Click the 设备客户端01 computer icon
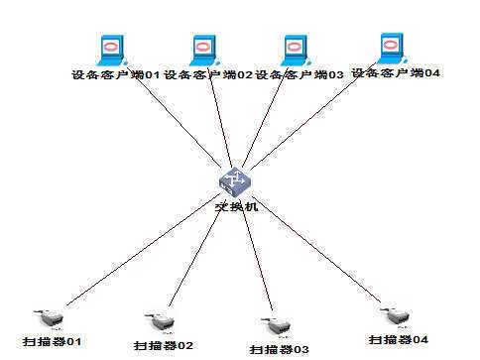(x=111, y=49)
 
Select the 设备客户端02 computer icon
(x=202, y=49)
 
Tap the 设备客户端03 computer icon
(x=295, y=50)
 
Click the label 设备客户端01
(x=116, y=74)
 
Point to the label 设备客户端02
(x=208, y=74)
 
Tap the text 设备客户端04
(x=397, y=72)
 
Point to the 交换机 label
(x=236, y=207)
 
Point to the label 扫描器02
(x=163, y=345)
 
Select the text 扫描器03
(x=279, y=349)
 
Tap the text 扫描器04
(x=399, y=340)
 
